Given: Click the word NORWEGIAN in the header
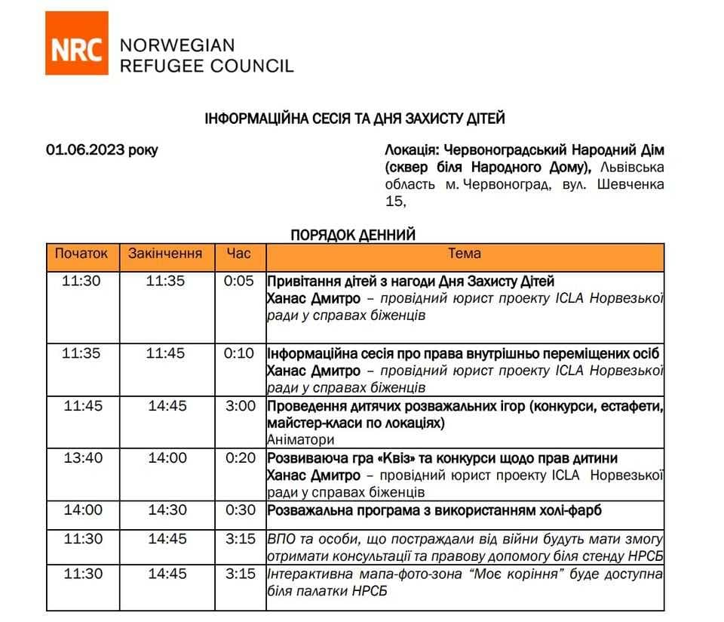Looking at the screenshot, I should coord(177,45).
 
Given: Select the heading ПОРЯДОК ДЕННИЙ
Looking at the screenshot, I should coord(354,236).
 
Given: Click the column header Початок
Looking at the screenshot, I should coord(81,254).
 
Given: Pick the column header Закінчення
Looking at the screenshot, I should coord(165,254).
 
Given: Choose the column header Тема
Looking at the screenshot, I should coord(465,254).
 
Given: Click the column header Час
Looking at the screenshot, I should coord(239,254).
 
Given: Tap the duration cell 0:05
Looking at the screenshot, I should coord(240,282).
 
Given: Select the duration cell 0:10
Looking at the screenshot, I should coord(240,353).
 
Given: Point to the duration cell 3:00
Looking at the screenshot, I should coord(240,406).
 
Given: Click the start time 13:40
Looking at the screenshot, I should coord(81,458).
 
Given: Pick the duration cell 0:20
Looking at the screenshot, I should coord(240,458).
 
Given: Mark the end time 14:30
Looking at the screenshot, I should coord(167,510).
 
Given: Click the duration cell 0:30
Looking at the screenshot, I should coord(240,510).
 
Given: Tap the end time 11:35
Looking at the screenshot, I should coord(165,282).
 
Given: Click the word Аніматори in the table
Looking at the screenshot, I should coord(300,439).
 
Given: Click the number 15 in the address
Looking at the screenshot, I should coord(394,202).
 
